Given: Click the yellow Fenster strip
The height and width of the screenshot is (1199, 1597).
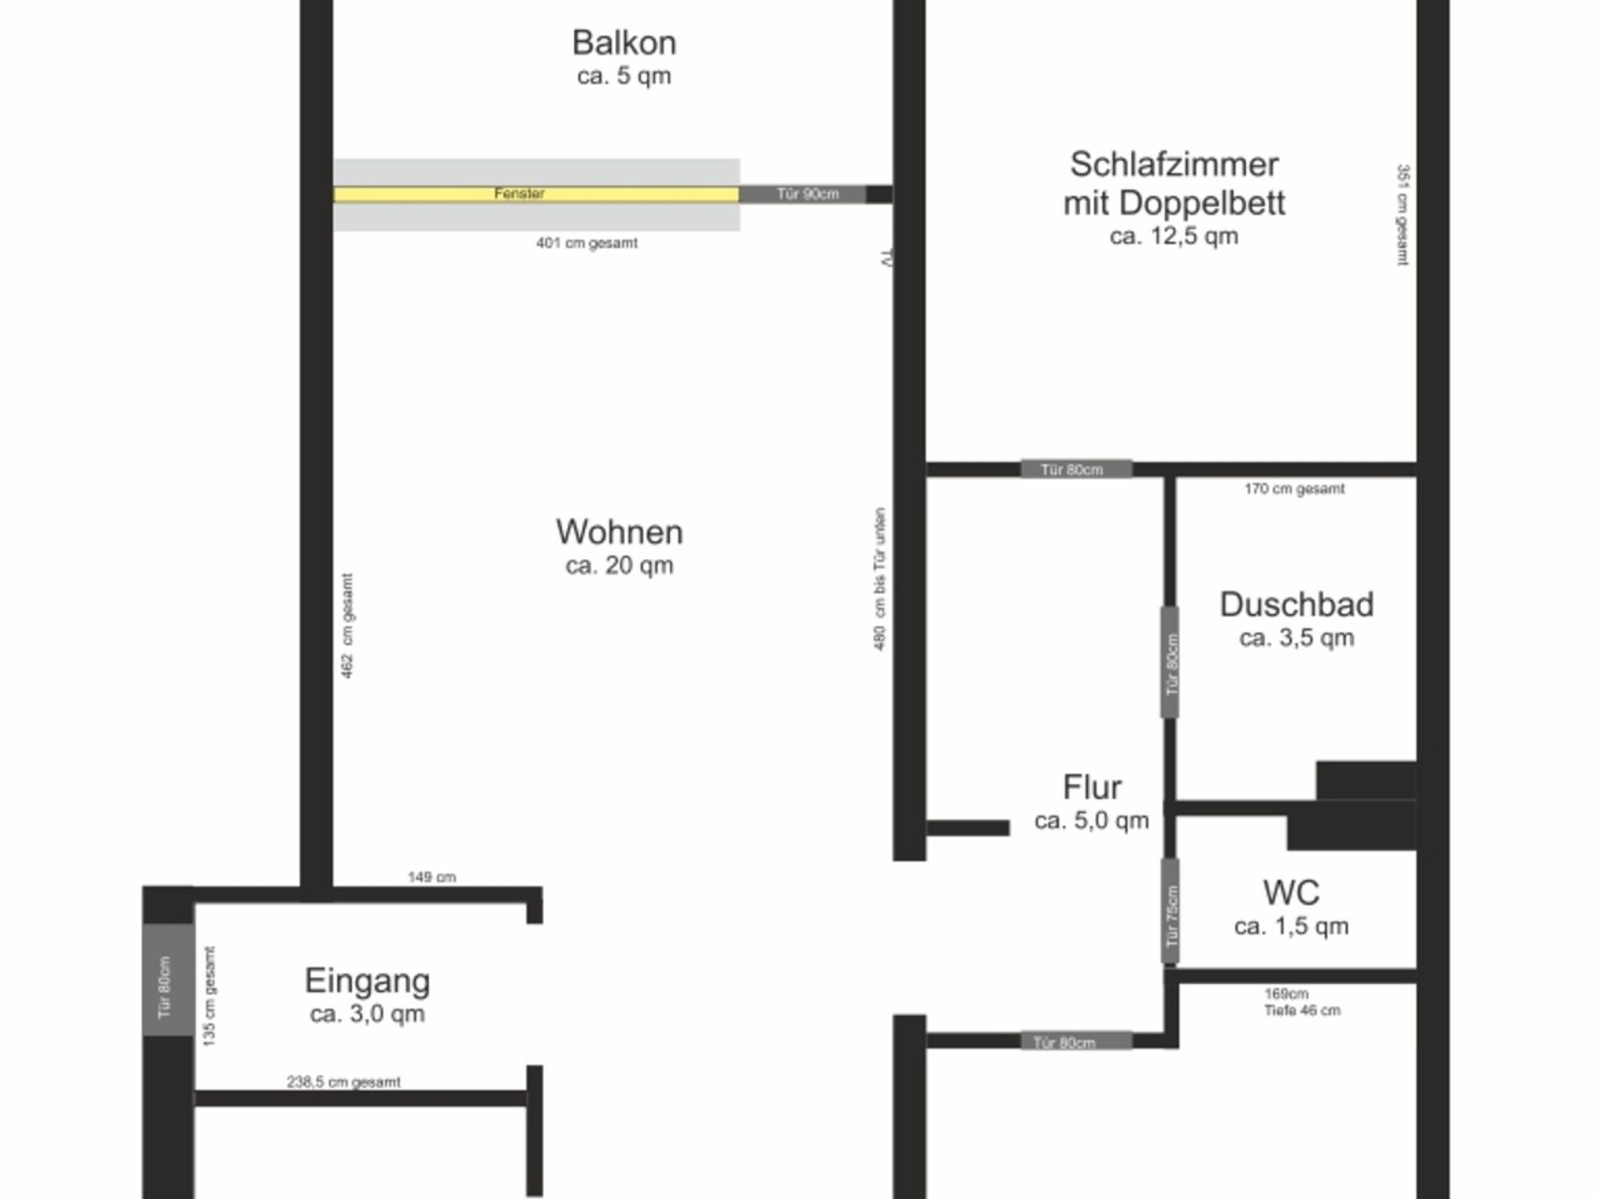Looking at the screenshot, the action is pyautogui.click(x=536, y=194).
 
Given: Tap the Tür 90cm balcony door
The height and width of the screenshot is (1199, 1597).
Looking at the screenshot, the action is pyautogui.click(x=802, y=194).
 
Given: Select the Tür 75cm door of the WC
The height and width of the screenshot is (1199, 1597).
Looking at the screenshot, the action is pyautogui.click(x=1170, y=911).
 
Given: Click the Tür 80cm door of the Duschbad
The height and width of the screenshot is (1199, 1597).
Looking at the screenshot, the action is pyautogui.click(x=1170, y=663).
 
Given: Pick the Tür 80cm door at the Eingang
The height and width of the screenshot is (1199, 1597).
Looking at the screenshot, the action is pyautogui.click(x=168, y=980).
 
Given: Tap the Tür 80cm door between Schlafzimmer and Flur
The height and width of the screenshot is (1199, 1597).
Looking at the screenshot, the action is pyautogui.click(x=1076, y=469).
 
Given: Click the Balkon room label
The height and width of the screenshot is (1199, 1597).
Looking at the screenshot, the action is pyautogui.click(x=624, y=43).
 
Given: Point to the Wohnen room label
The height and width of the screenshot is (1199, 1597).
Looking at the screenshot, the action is pyautogui.click(x=620, y=532).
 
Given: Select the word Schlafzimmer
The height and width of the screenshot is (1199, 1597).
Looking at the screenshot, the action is pyautogui.click(x=1174, y=165).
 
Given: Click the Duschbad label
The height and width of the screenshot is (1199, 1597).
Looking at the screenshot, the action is pyautogui.click(x=1297, y=605).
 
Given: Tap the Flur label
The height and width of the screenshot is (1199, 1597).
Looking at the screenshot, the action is pyautogui.click(x=1092, y=787).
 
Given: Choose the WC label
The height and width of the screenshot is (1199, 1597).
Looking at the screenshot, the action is pyautogui.click(x=1291, y=893).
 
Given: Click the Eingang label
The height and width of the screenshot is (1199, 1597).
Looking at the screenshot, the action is pyautogui.click(x=367, y=981).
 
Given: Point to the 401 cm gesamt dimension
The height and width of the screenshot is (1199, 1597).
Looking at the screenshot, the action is pyautogui.click(x=586, y=243).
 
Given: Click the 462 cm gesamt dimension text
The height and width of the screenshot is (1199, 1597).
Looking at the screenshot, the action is pyautogui.click(x=348, y=626).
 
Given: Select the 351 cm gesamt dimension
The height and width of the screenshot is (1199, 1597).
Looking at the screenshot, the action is pyautogui.click(x=1402, y=215).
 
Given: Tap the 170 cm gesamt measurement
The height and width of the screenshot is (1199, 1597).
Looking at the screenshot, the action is pyautogui.click(x=1294, y=489).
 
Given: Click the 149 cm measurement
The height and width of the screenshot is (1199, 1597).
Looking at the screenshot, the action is pyautogui.click(x=432, y=877).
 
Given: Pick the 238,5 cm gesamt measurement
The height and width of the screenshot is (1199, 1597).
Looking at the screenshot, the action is pyautogui.click(x=344, y=1082).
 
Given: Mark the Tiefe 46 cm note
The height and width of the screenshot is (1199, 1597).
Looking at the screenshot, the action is pyautogui.click(x=1302, y=1010).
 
